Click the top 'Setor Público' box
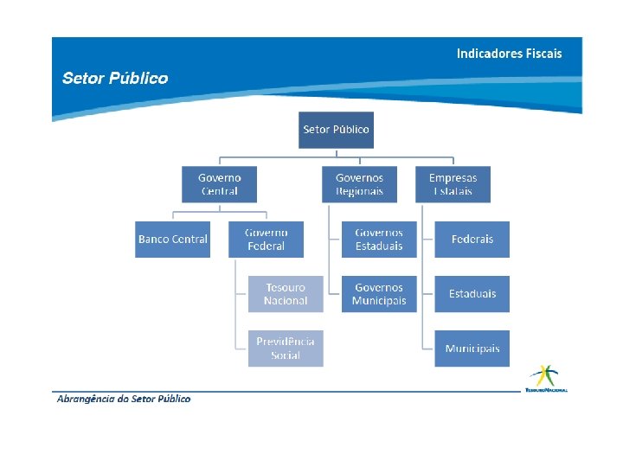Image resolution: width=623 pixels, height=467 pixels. click(x=336, y=130)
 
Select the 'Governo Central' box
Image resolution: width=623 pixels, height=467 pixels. click(x=219, y=184)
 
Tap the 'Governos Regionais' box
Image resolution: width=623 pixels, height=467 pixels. click(x=359, y=184)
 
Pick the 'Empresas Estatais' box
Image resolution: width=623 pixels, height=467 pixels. click(x=453, y=184)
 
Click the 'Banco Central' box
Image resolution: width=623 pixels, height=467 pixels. click(x=173, y=240)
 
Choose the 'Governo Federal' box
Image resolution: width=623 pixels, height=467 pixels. click(x=267, y=240)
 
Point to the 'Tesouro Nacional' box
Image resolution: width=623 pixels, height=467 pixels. click(x=286, y=294)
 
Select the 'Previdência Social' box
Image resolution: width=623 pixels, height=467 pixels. click(x=286, y=349)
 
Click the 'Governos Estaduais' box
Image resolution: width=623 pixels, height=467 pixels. click(x=379, y=240)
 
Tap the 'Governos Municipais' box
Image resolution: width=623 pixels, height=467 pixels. click(x=379, y=294)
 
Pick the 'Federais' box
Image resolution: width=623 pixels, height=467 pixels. click(x=472, y=240)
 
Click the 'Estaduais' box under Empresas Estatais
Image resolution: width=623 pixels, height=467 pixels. click(x=472, y=294)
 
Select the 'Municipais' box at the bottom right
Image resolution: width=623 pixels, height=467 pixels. click(x=472, y=349)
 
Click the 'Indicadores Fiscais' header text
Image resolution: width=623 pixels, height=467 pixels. click(x=509, y=54)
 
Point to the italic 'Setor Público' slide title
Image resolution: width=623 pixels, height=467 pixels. click(x=115, y=79)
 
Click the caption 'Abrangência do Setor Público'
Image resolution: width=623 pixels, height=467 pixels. click(x=123, y=399)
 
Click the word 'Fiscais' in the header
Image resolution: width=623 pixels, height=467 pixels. click(x=542, y=54)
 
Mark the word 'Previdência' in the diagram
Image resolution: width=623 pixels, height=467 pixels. click(x=286, y=342)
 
